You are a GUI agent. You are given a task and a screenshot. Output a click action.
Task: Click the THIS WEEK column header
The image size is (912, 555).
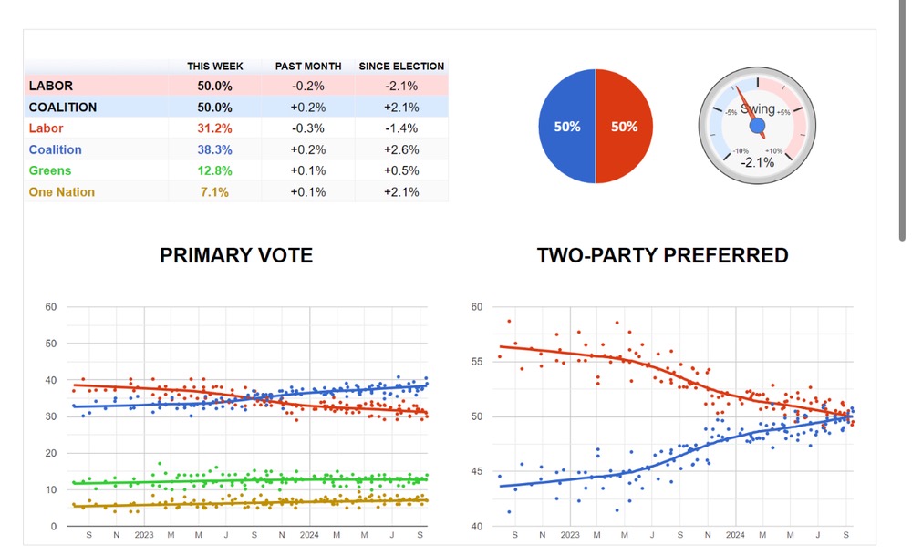[214, 67]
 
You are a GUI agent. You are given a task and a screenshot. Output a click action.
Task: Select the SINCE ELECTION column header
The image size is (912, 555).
[401, 67]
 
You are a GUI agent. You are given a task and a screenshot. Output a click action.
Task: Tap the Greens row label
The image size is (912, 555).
[50, 170]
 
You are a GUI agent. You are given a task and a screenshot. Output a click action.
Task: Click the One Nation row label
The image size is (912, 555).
[61, 191]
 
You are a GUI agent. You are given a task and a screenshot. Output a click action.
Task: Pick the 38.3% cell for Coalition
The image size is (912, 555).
[214, 149]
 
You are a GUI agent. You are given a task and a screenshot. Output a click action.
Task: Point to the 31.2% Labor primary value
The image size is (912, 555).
[214, 128]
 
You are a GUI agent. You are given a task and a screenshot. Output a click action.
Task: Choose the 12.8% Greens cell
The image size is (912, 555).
[214, 170]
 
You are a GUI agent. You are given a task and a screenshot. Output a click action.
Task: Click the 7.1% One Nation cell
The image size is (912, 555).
[214, 191]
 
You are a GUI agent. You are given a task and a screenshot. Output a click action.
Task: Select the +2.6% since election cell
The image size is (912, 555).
[401, 149]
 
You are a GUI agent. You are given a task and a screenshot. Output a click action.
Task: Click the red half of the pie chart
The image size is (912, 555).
[625, 127]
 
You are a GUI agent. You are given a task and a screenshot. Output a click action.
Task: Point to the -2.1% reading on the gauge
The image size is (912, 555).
[757, 162]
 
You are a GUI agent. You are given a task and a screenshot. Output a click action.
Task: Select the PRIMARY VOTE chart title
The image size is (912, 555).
[236, 256]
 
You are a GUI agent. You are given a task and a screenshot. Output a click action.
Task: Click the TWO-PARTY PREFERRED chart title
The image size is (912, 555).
[663, 256]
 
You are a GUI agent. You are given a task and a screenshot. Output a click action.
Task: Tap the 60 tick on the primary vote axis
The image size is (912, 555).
[50, 307]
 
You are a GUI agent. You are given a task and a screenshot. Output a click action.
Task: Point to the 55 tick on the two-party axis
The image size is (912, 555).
[476, 362]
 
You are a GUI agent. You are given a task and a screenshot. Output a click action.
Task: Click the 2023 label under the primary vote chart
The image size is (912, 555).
[144, 535]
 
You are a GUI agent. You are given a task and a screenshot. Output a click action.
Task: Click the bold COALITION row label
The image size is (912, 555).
[63, 108]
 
